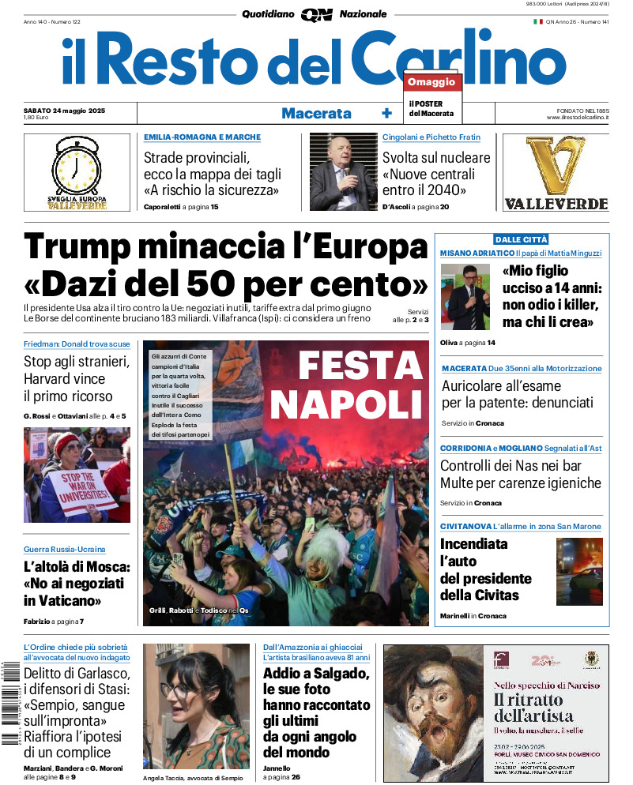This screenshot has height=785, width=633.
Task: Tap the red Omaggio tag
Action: coord(431,82)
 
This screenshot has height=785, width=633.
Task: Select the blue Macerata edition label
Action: coord(316,113)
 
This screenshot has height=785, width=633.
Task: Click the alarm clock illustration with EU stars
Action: coord(77,167)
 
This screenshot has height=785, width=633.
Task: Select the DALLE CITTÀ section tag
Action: coord(521,239)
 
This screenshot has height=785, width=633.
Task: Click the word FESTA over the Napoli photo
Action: coord(360,365)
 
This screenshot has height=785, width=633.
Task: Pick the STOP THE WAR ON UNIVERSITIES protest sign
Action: coord(78,489)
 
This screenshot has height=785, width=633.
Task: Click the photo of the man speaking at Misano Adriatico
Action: coord(465,297)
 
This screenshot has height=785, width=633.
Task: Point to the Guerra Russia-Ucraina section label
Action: coord(64,549)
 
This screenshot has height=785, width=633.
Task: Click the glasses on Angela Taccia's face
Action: coord(179,690)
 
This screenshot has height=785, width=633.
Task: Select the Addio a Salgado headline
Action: coord(315,674)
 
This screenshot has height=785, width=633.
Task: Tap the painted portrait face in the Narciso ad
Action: coord(431,715)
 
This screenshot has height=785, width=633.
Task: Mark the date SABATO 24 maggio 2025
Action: coord(64,110)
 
